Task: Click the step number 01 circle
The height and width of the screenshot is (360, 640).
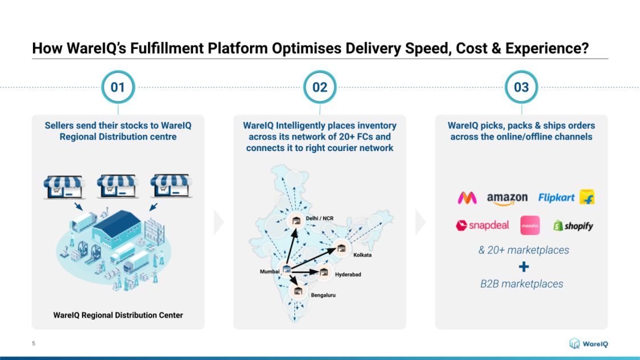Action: coord(118,87)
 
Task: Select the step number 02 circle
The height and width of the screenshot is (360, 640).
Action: coord(319,87)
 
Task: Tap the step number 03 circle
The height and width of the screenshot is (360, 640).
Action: coord(521,87)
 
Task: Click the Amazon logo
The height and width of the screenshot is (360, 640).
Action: coord(507,199)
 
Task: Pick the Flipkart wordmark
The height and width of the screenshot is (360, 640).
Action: coord(556,198)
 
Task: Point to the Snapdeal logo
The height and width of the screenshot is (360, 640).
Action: coord(482,226)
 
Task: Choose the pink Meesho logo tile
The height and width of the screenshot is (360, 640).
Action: coord(530,226)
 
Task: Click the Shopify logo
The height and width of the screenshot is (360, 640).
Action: coord(573,226)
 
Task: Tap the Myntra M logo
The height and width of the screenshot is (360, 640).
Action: coord(467,198)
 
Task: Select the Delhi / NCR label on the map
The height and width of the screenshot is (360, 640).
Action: coord(319,218)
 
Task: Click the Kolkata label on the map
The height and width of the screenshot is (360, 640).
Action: coord(363,255)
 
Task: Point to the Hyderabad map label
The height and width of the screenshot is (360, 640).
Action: coord(348,275)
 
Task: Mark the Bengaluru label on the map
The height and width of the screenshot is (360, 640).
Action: coord(323,295)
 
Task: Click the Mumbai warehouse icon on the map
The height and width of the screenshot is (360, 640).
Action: coord(286,269)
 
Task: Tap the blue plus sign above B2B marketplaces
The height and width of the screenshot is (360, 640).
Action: coord(524,267)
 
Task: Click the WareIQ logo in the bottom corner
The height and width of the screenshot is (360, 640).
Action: coord(589,343)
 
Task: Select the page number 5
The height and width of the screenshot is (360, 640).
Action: coord(34,343)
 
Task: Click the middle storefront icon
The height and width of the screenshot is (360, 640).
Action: coord(117,186)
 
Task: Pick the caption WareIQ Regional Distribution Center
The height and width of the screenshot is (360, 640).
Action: coord(118,315)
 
